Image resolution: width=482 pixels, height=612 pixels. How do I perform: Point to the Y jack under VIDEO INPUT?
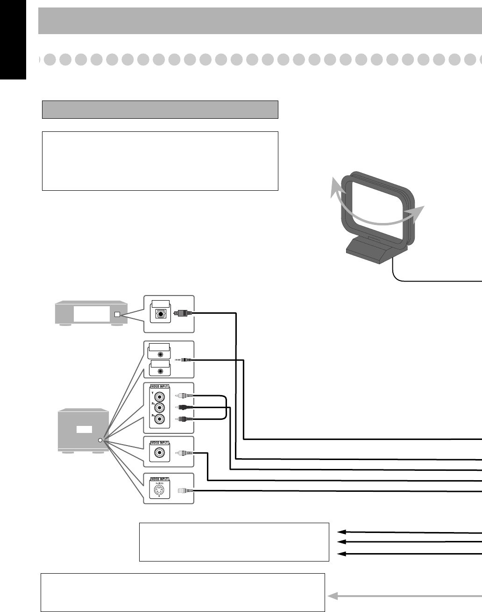pyautogui.click(x=160, y=397)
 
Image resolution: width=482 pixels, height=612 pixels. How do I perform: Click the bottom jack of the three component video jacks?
pyautogui.click(x=160, y=419)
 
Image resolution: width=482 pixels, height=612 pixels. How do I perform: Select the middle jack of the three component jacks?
pyautogui.click(x=160, y=408)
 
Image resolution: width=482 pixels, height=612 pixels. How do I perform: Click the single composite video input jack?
pyautogui.click(x=160, y=453)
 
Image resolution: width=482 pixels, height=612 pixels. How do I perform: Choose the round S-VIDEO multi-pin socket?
pyautogui.click(x=160, y=490)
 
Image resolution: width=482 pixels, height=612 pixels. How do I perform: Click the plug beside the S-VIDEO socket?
pyautogui.click(x=183, y=490)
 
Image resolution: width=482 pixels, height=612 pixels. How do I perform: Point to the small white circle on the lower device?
pyautogui.click(x=100, y=440)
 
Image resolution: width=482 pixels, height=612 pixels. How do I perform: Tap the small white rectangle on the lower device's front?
pyautogui.click(x=85, y=429)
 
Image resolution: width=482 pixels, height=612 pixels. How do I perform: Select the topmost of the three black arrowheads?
pyautogui.click(x=342, y=532)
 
